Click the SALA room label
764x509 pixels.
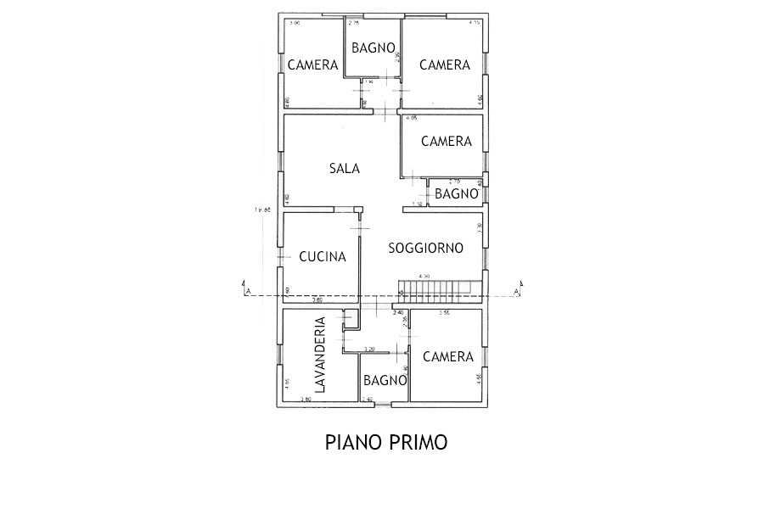344,168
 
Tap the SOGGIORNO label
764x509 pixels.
425,249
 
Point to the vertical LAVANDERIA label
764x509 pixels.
320,355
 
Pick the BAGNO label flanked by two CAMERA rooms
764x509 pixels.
373,48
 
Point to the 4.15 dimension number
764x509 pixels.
475,24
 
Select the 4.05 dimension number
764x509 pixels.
411,118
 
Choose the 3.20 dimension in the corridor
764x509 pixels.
368,349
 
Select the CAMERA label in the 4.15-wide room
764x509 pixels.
445,65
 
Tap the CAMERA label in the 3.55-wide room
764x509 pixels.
447,357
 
